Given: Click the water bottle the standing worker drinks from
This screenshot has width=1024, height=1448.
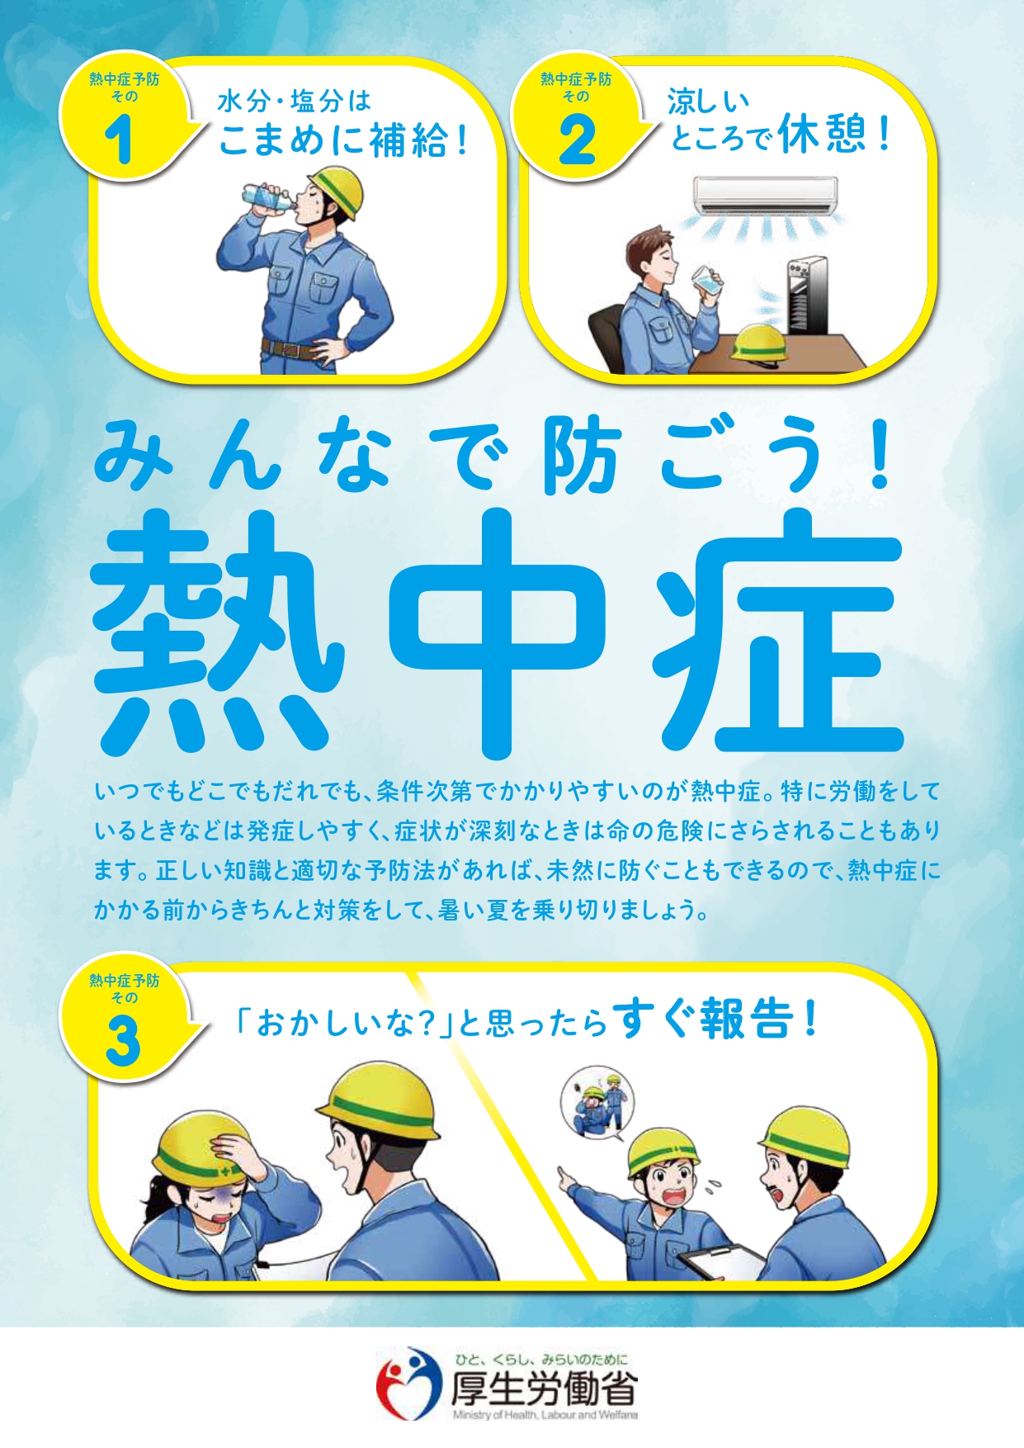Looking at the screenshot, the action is (267, 197).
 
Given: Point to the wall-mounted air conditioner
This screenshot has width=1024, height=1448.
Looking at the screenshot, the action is (765, 195).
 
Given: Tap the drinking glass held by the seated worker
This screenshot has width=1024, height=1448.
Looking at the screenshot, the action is (707, 280).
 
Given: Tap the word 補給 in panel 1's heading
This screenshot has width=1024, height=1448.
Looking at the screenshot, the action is (408, 140).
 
